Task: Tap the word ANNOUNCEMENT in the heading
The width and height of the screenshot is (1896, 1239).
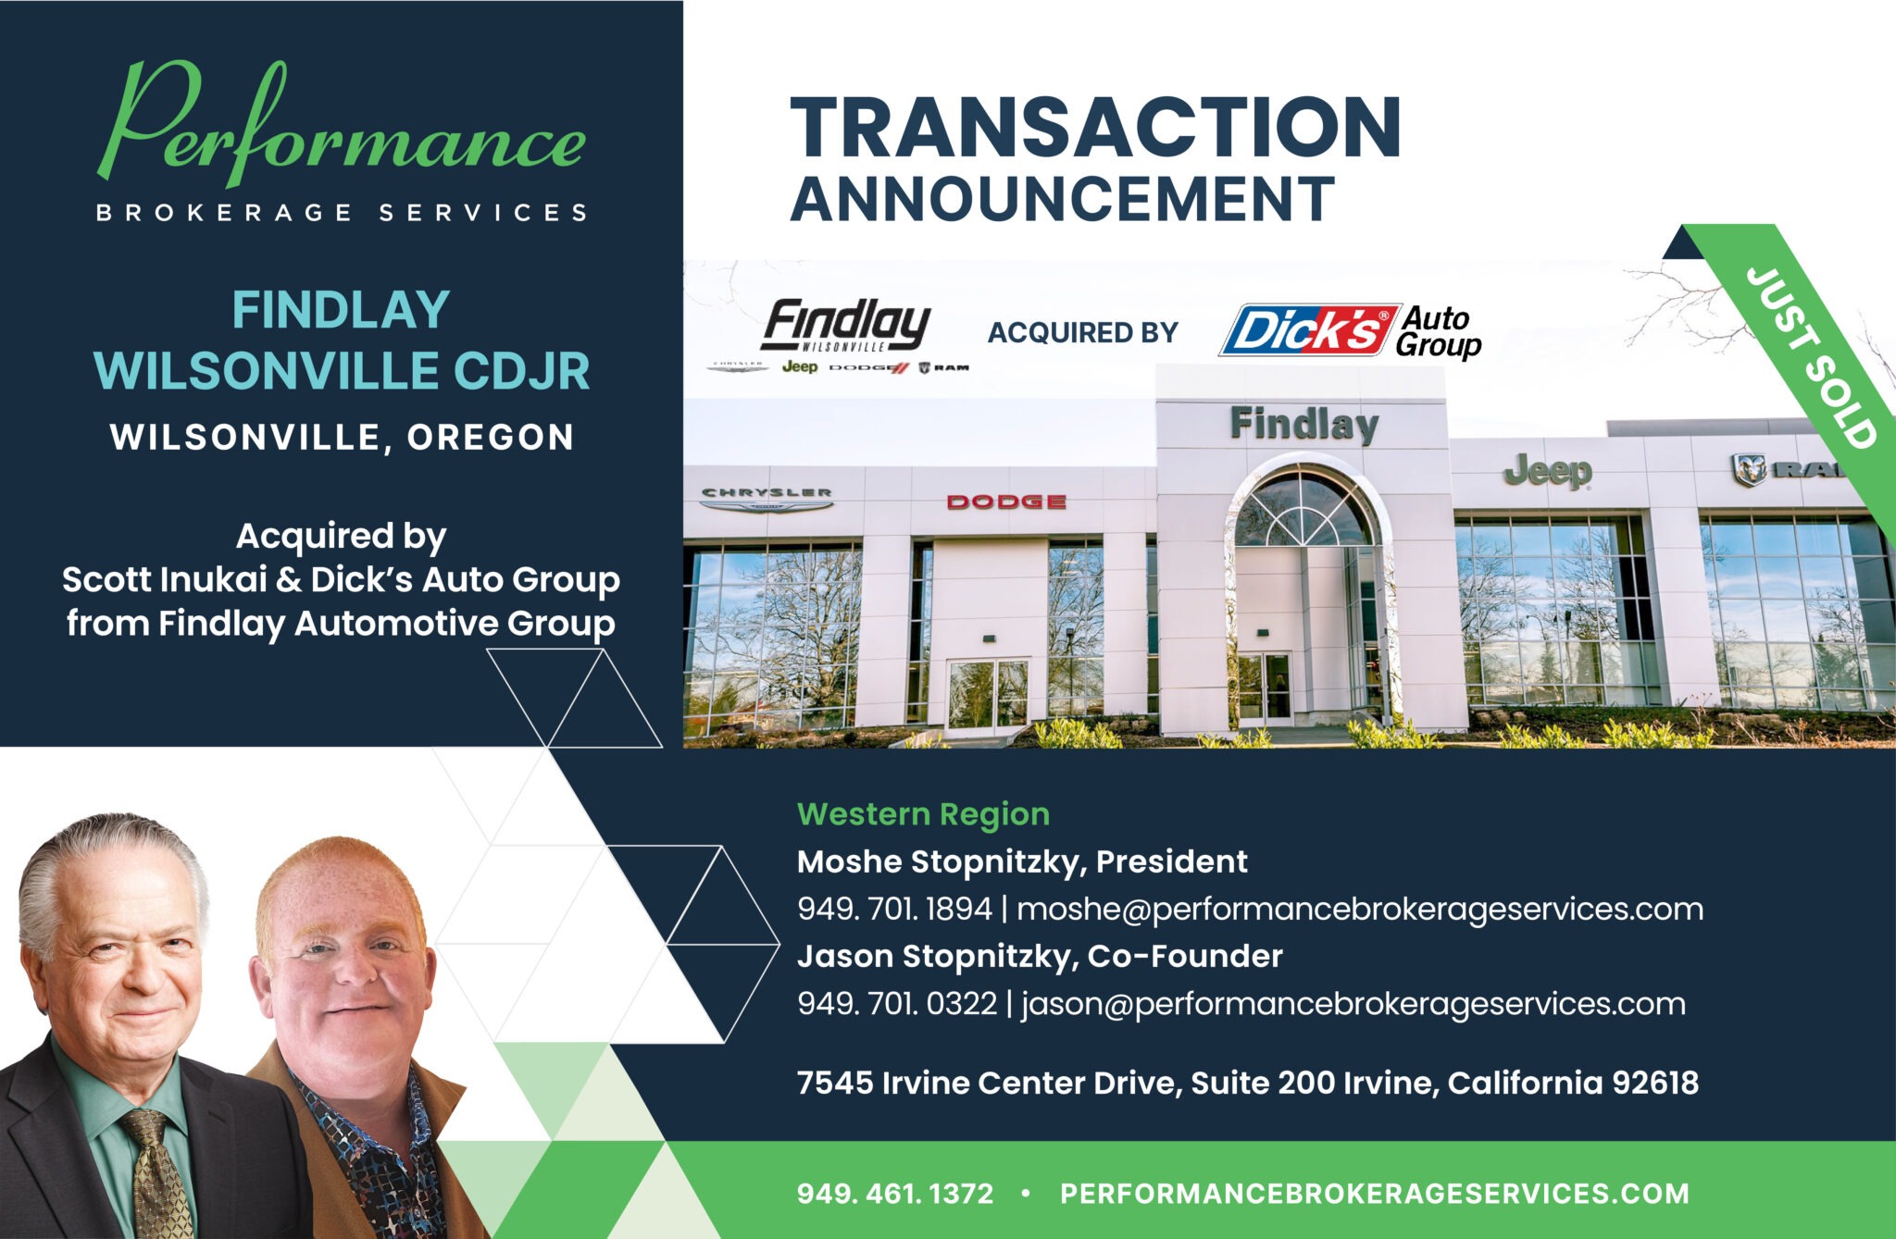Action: (1062, 199)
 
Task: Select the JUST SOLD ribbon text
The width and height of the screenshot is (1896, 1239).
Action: (1811, 358)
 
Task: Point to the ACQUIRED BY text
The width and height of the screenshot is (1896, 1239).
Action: (1082, 332)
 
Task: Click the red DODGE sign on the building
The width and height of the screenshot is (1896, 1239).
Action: (1006, 502)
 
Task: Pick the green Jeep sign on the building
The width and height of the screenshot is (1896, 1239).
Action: (1547, 471)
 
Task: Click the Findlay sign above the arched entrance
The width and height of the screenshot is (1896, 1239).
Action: (1304, 425)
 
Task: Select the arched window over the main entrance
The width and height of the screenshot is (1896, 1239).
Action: (1304, 509)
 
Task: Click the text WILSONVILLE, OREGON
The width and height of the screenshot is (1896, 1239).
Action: (342, 437)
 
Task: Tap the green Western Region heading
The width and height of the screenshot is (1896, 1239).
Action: (923, 814)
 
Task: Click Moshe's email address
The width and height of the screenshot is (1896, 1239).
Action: (1360, 909)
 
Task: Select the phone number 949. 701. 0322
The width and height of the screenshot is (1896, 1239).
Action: (897, 1003)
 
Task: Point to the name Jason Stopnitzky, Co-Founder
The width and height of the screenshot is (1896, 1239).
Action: (1040, 956)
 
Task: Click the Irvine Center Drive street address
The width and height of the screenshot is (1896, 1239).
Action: (1248, 1083)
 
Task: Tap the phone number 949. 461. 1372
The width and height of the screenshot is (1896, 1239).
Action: (895, 1194)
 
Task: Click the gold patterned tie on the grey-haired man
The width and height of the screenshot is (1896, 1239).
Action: (157, 1174)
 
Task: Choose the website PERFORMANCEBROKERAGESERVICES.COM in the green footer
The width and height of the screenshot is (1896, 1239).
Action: (1375, 1194)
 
